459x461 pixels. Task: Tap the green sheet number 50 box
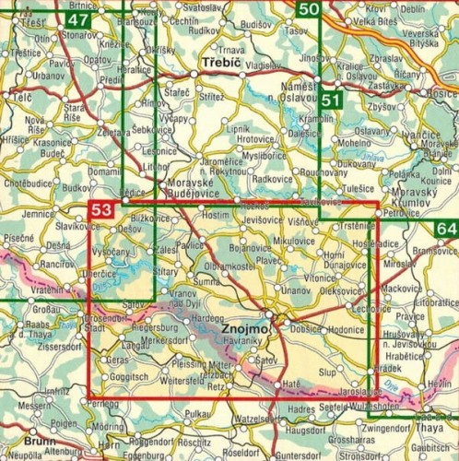coord(311,10)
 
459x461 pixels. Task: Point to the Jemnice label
coord(38,213)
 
